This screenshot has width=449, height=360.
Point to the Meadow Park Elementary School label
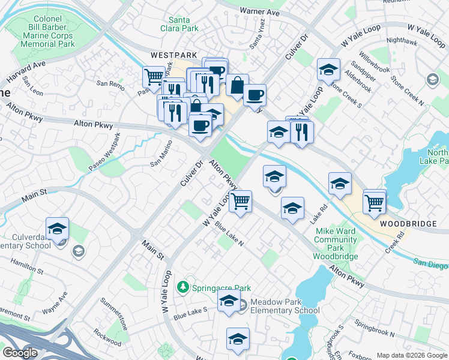click(285, 306)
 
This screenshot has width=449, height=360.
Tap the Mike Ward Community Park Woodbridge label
click(336, 244)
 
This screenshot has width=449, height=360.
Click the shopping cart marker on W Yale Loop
click(240, 201)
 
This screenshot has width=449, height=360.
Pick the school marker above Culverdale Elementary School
click(58, 229)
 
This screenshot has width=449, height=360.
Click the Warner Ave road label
click(260, 11)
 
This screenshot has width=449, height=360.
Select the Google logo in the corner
click(20, 353)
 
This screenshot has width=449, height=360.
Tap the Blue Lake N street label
click(229, 235)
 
